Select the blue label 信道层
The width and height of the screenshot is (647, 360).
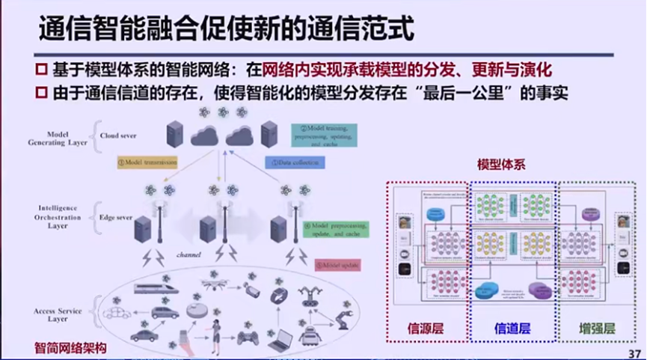pyautogui.click(x=513, y=328)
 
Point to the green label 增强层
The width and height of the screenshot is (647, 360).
pyautogui.click(x=597, y=328)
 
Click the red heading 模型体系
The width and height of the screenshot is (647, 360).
pyautogui.click(x=500, y=164)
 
